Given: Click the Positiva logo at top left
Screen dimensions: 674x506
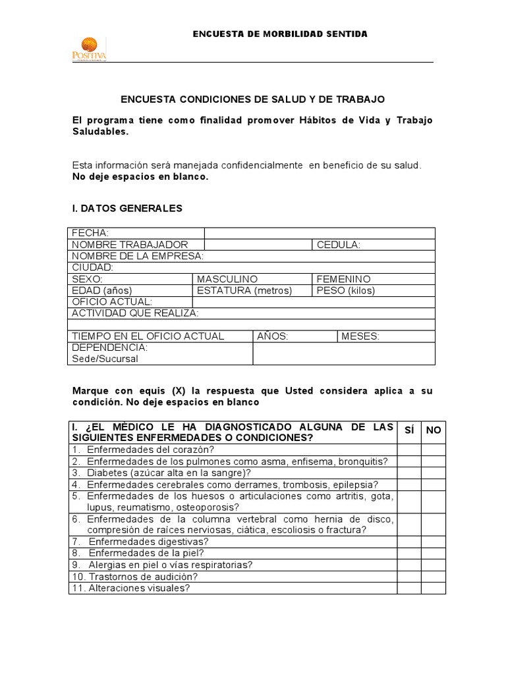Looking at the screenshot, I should click(88, 48).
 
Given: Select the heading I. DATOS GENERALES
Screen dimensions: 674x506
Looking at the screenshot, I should click(127, 208).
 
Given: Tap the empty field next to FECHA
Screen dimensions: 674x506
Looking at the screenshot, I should click(320, 233).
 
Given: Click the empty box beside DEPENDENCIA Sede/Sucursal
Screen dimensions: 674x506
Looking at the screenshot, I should click(343, 353).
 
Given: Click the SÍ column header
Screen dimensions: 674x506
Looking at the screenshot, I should click(408, 430).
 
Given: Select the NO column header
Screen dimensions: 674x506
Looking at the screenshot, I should click(433, 430).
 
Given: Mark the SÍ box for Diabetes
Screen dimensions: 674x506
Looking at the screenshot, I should click(408, 473).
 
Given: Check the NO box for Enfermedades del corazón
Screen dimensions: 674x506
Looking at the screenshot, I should click(433, 450).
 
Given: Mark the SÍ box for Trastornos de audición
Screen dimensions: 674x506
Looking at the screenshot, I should click(408, 577).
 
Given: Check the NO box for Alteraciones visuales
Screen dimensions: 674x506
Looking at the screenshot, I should click(433, 588).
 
